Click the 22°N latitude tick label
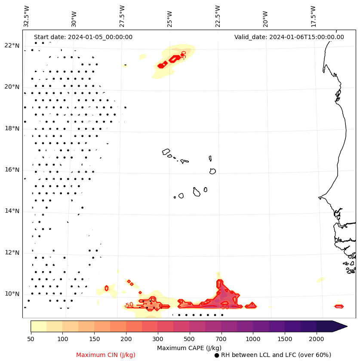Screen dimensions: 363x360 click(x=12, y=46)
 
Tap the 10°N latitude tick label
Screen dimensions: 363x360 click(x=12, y=294)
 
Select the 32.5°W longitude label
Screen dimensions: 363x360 click(x=27, y=16)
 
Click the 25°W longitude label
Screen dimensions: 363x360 click(x=170, y=16)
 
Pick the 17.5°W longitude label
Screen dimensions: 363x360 click(x=313, y=16)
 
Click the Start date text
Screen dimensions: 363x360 click(x=83, y=37)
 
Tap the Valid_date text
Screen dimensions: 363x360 click(x=289, y=37)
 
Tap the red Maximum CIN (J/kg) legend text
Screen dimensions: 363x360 click(x=106, y=355)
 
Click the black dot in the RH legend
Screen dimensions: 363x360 click(x=217, y=355)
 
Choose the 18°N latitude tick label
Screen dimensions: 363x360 click(x=12, y=128)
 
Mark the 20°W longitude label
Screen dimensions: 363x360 click(x=265, y=16)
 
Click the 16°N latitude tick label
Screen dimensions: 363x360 click(x=12, y=170)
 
